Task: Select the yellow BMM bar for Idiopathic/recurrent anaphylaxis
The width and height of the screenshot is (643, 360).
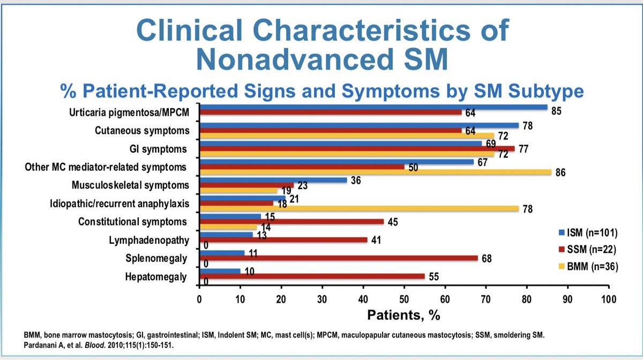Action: [359, 209]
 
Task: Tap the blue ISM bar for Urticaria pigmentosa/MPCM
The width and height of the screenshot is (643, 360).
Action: [373, 107]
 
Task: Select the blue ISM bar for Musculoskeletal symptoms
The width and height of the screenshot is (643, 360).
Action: [273, 180]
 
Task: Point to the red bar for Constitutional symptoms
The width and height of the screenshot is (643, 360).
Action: [291, 222]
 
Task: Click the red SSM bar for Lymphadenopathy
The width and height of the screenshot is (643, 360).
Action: [283, 240]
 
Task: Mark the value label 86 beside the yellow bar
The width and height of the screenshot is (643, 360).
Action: [561, 173]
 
